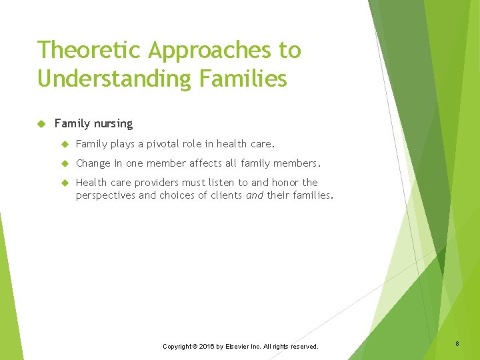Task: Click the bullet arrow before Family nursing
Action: (41, 124)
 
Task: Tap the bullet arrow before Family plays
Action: (65, 144)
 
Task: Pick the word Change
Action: (93, 163)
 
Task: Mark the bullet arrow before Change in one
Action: (65, 163)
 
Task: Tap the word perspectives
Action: (105, 195)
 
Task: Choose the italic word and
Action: (254, 195)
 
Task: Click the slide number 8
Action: (457, 344)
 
